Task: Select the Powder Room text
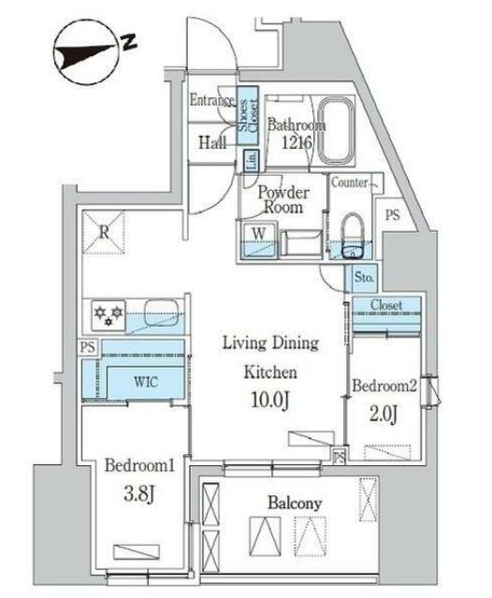click(x=282, y=198)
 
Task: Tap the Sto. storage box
click(x=363, y=278)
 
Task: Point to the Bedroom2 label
click(x=383, y=385)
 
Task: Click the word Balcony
click(x=295, y=503)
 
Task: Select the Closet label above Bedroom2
click(x=385, y=305)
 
